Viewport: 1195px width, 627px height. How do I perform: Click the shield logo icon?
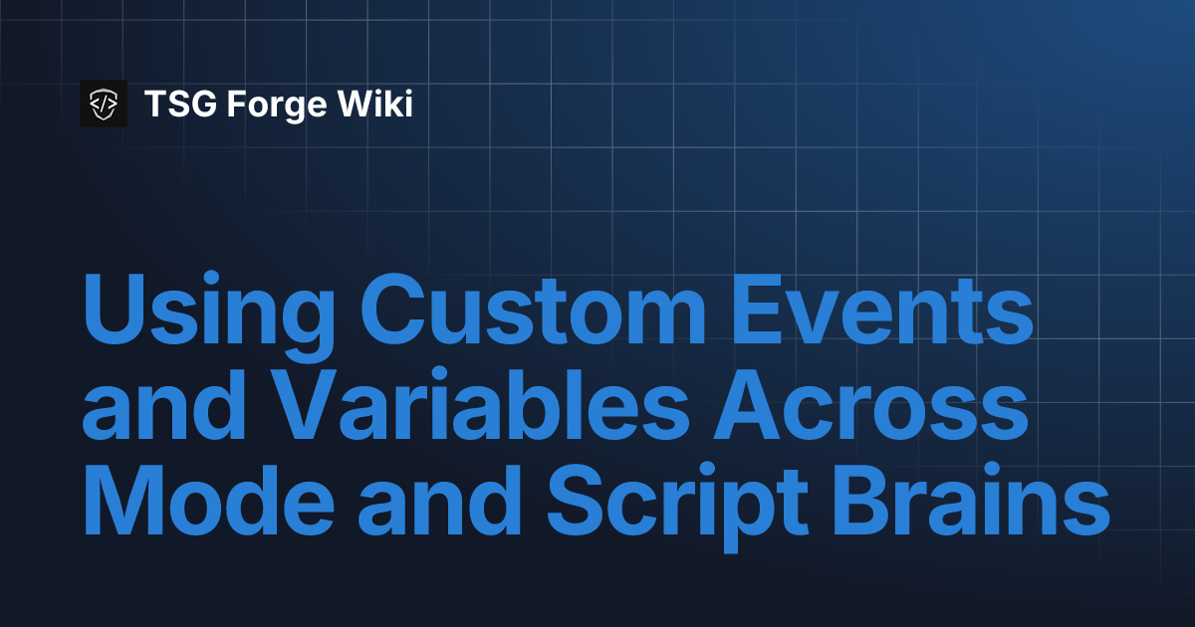click(104, 103)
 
